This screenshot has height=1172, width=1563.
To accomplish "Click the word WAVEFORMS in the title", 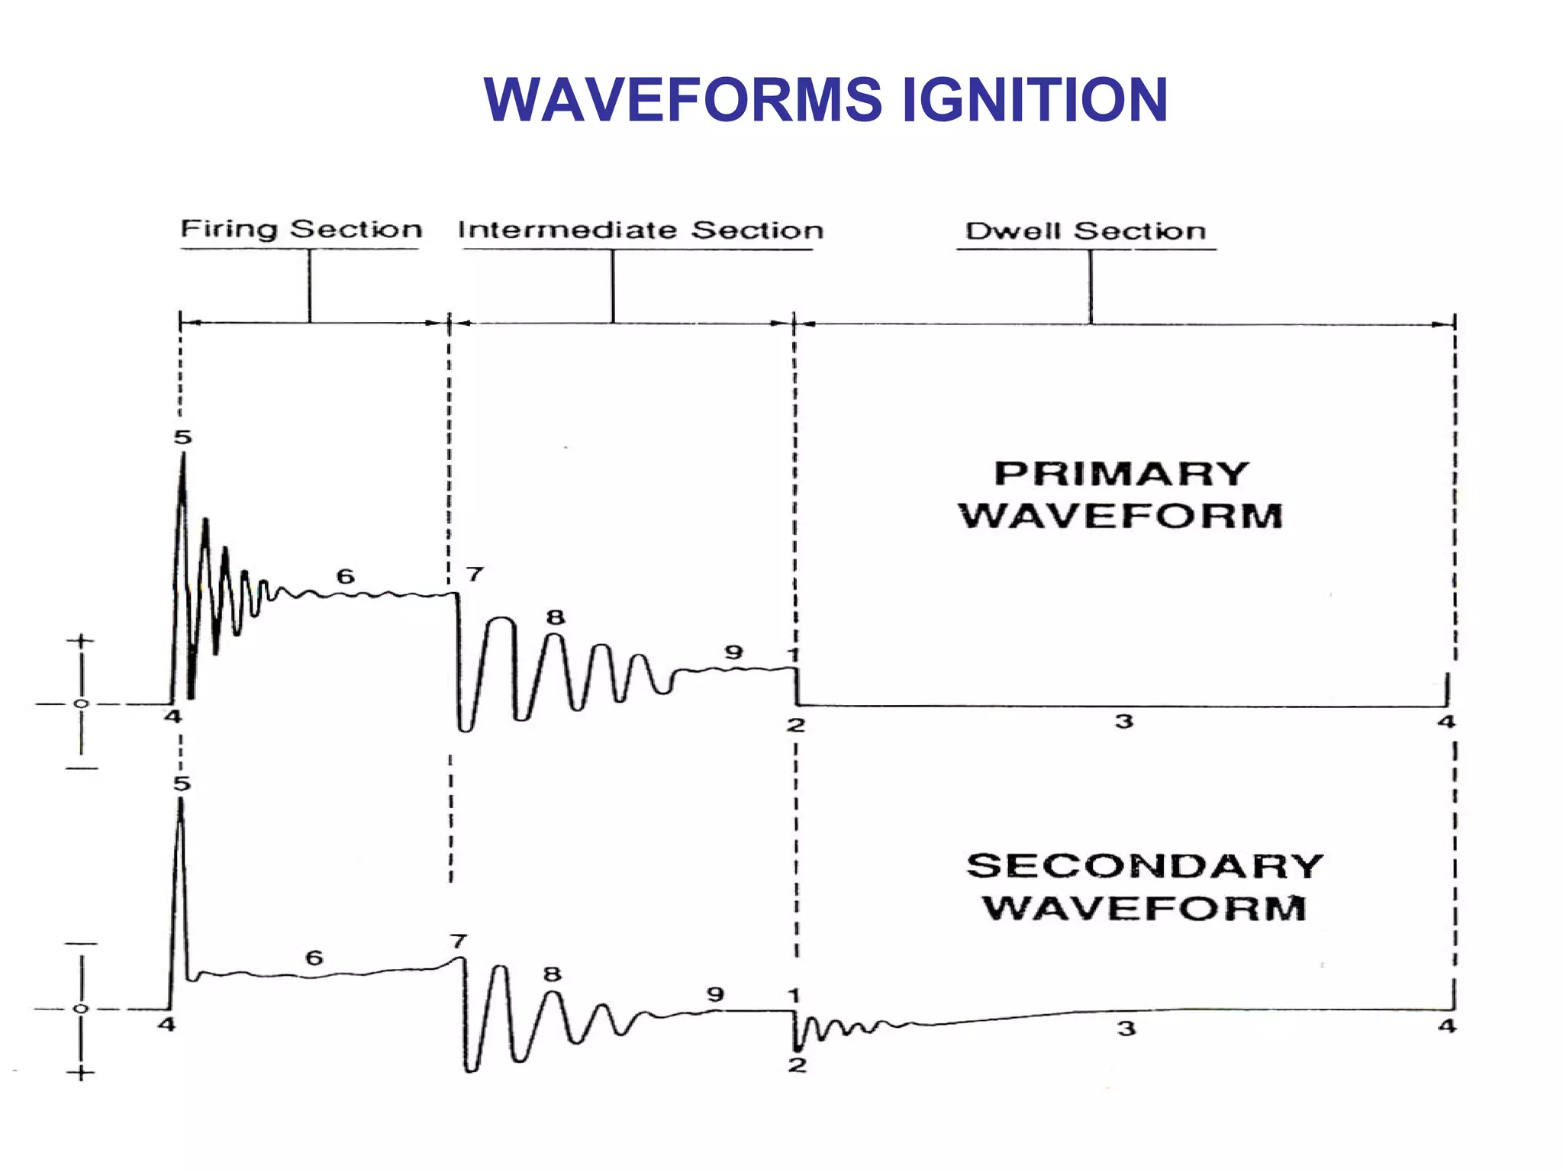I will (683, 100).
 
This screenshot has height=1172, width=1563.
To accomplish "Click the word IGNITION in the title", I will (1034, 100).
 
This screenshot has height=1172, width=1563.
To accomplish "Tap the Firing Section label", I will (301, 229).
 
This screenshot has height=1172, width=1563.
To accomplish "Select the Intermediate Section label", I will (640, 230).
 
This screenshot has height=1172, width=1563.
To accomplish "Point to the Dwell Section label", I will (1085, 230).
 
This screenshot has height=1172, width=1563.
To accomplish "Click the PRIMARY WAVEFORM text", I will (1121, 494).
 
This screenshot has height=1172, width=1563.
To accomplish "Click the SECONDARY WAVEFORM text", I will (1145, 887).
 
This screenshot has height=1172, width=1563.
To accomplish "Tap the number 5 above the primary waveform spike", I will (182, 437).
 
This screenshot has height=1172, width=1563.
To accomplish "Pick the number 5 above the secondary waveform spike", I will (182, 784).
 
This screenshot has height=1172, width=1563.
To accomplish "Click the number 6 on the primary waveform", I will (346, 576).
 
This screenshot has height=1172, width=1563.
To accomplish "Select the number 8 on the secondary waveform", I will (553, 974).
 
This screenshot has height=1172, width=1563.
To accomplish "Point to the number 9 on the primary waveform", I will (733, 652).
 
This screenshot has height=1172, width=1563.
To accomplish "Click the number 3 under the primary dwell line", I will (1124, 721).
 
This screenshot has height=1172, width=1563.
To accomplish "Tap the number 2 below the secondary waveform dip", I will (797, 1064).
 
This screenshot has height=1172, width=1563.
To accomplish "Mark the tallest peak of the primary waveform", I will (183, 456).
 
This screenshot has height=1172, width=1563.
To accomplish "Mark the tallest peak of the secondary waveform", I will (181, 800).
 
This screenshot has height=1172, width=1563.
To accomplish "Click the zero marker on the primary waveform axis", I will (82, 704).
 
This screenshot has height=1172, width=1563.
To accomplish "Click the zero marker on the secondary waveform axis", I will (81, 1009).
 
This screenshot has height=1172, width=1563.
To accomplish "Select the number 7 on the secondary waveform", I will (458, 941).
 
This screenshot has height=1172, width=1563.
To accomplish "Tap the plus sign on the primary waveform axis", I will (81, 641).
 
